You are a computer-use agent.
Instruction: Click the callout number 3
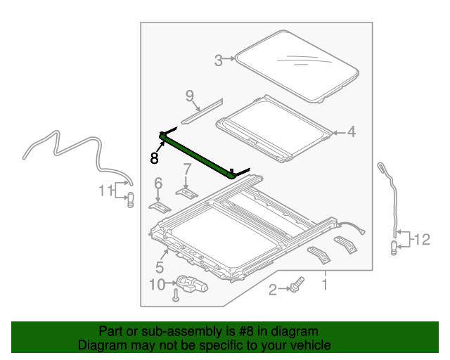(219, 60)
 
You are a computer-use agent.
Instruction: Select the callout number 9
(189, 96)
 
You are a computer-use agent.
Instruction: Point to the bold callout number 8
(154, 157)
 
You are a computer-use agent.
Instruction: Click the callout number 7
(186, 169)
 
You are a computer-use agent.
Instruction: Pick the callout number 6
(158, 184)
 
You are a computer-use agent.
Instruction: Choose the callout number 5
(160, 267)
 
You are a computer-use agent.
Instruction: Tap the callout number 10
(157, 285)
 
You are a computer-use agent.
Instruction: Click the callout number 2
(272, 288)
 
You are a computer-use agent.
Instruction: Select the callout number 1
(324, 284)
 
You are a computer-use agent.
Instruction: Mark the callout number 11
(105, 190)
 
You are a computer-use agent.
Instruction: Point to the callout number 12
(421, 240)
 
